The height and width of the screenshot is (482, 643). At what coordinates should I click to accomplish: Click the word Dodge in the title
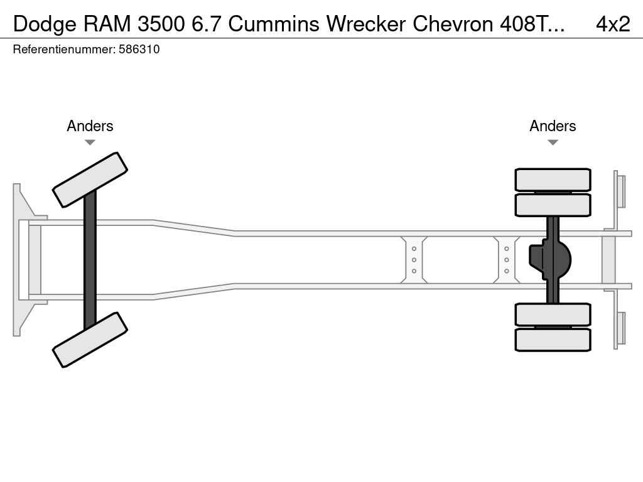42,24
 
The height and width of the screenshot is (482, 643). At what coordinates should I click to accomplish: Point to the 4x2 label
612,24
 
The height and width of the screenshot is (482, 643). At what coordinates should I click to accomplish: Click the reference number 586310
139,50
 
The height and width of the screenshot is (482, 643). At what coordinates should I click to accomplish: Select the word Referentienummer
63,50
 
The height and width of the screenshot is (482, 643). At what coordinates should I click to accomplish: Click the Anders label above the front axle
90,126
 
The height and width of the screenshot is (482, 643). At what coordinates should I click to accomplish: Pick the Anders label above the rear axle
553,126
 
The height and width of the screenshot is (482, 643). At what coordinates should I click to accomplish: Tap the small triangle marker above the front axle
90,142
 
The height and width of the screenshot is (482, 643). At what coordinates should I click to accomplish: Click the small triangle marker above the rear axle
553,142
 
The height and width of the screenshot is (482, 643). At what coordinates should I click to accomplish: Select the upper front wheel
90,179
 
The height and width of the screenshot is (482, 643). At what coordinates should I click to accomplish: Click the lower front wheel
90,340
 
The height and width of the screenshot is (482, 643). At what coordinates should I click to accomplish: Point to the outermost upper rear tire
553,179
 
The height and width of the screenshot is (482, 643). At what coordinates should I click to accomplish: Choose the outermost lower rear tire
553,340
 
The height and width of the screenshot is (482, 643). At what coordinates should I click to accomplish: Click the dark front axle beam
90,259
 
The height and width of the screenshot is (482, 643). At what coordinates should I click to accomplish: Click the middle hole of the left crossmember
414,260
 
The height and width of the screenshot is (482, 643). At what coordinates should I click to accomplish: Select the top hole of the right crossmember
506,249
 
